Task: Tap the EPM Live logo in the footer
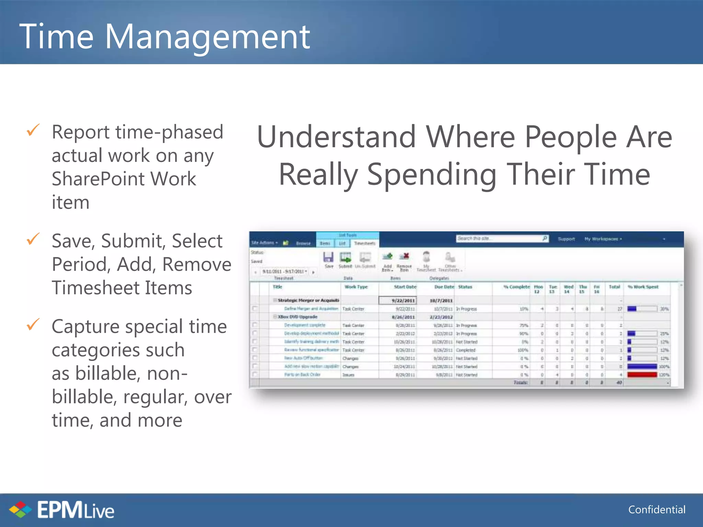pyautogui.click(x=62, y=510)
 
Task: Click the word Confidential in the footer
pyautogui.click(x=657, y=510)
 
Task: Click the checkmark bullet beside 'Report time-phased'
pyautogui.click(x=33, y=130)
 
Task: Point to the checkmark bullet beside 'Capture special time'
pyautogui.click(x=33, y=325)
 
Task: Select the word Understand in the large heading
pyautogui.click(x=336, y=137)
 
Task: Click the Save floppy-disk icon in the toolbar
pyautogui.click(x=329, y=258)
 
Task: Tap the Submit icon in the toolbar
pyautogui.click(x=345, y=258)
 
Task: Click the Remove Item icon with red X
pyautogui.click(x=404, y=257)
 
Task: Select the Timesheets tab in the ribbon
pyautogui.click(x=365, y=243)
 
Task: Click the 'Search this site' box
pyautogui.click(x=499, y=238)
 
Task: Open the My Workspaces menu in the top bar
pyautogui.click(x=603, y=239)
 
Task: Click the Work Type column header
pyautogui.click(x=356, y=287)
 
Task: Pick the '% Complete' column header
pyautogui.click(x=517, y=287)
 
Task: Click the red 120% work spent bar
pyautogui.click(x=642, y=375)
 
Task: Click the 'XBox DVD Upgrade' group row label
pyautogui.click(x=297, y=317)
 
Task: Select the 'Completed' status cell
pyautogui.click(x=465, y=350)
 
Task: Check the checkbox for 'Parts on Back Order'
pyautogui.click(x=255, y=375)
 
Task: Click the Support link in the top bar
pyautogui.click(x=566, y=239)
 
